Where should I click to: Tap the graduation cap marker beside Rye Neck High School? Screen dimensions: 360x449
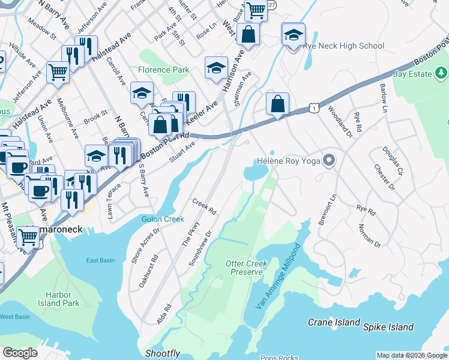tap(293, 34)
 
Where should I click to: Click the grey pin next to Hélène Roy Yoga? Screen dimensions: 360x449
tap(328, 160)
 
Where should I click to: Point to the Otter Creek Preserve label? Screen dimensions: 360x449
tap(246, 268)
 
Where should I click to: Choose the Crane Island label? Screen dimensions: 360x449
tap(334, 322)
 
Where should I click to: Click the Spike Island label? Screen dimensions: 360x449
tap(388, 327)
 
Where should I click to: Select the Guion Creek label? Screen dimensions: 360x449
tap(163, 219)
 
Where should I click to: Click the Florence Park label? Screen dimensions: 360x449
tap(164, 70)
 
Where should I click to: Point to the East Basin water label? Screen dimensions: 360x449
tap(100, 260)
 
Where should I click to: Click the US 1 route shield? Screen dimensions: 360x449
tap(313, 107)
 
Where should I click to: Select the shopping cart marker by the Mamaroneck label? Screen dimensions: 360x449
tap(28, 237)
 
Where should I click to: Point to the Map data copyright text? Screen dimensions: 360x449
tap(412, 355)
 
